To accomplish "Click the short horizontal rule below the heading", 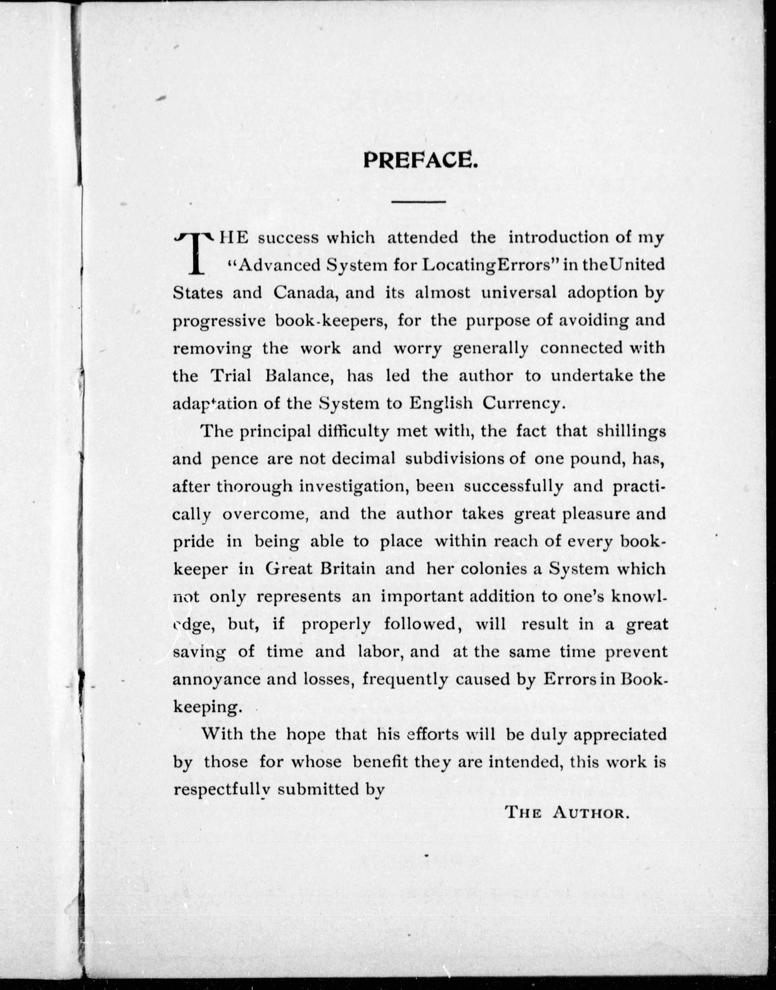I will point(419,201).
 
